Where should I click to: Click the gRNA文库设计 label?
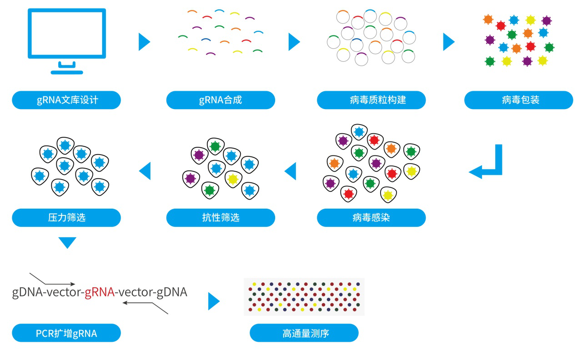[x=66, y=100]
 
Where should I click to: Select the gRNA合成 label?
[x=221, y=100]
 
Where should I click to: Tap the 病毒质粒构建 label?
[x=371, y=100]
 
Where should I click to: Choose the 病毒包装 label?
[x=518, y=100]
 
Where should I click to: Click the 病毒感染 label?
[x=371, y=218]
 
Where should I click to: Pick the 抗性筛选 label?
[x=221, y=218]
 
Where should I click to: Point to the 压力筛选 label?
[x=66, y=218]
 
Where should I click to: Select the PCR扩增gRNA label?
[x=66, y=333]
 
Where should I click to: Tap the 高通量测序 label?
[x=304, y=333]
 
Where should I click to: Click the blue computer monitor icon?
[x=67, y=40]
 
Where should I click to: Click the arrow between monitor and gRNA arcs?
[x=144, y=42]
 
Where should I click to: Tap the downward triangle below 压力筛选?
[x=67, y=242]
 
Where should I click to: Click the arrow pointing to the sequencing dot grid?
[x=214, y=301]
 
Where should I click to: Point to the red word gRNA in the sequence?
[x=100, y=292]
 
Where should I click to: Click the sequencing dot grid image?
[x=304, y=296]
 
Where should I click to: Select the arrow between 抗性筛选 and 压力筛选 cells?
[x=145, y=171]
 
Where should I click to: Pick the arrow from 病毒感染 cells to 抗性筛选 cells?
[x=290, y=171]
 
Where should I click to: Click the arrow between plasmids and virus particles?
[x=449, y=42]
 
